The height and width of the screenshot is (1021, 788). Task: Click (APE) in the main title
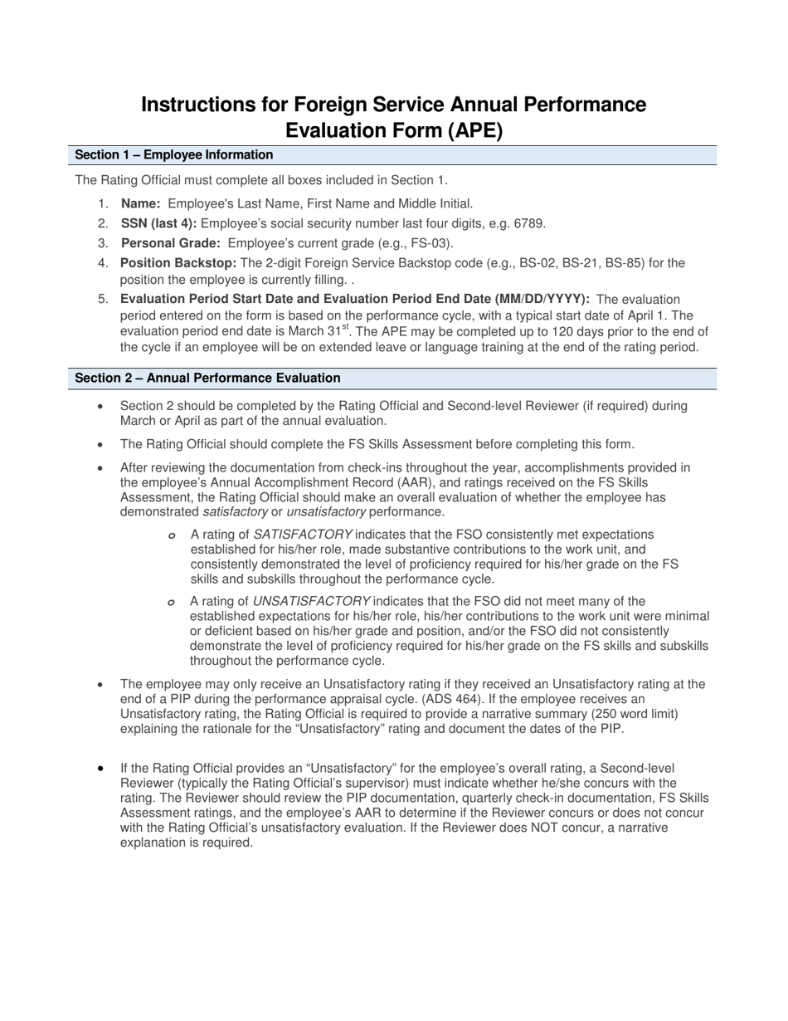(x=475, y=131)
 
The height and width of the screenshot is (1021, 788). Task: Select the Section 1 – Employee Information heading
(x=173, y=155)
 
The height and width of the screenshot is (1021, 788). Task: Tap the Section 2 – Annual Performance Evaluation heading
(x=207, y=379)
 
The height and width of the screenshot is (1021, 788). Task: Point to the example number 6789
(x=528, y=223)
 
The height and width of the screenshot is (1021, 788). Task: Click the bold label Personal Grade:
(x=171, y=243)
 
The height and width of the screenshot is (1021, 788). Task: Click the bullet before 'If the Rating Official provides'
(x=101, y=769)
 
